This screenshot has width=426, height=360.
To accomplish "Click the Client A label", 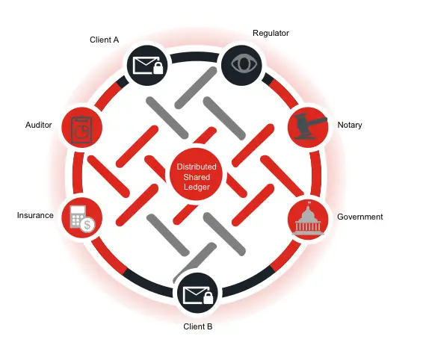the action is coord(105,40).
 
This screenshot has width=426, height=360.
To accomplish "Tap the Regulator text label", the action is coord(271,34).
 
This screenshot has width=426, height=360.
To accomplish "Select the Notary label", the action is coord(350,125).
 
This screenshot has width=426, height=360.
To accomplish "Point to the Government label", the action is coord(360,217).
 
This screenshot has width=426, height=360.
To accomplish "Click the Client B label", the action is coord(198,326).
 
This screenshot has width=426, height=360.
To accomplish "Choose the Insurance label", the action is coord(35,215).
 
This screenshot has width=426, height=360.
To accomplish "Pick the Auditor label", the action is coord(39,125).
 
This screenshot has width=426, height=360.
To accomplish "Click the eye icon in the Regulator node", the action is coord(244,63).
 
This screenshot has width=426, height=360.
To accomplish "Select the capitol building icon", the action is coord(308,219).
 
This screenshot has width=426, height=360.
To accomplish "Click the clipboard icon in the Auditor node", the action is coord(81,129).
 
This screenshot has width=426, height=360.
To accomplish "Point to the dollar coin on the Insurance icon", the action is coord(87,225).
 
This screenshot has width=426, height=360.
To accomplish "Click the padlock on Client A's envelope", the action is coord(158,68).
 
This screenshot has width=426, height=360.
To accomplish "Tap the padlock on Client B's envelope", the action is coord(209,298).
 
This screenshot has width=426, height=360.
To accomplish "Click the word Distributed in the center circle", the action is coord(197,167).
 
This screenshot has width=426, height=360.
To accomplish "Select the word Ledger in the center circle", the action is coord(197,187).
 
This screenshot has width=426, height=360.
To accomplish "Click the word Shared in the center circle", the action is coord(197,177).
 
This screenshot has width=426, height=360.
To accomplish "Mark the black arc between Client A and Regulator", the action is coord(194,57).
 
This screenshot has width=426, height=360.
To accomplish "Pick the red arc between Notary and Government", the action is coord(316,173).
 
